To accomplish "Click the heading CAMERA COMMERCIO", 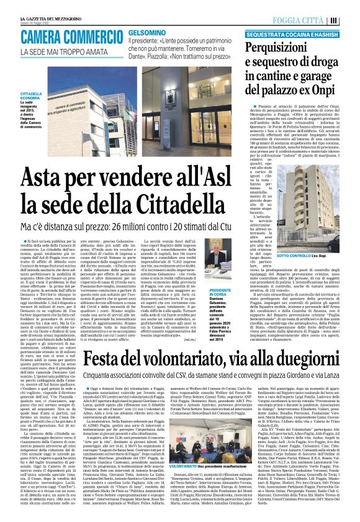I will tap(80, 38).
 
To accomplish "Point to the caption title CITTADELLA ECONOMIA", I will tap(48, 95).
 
